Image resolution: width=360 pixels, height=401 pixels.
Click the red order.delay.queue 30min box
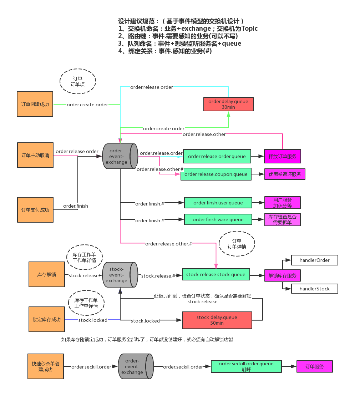coord(228,104)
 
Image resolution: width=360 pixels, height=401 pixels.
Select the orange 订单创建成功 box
coord(35,104)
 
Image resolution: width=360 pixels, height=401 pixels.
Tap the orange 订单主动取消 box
coord(35,155)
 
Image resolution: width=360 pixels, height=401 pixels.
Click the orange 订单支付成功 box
coord(35,210)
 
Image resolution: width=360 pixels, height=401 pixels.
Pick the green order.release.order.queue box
coord(217,156)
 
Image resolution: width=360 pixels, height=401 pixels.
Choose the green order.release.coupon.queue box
coord(216,174)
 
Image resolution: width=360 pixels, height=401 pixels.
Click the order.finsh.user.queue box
coord(218,203)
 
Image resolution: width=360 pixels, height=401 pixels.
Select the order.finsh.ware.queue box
coord(218,219)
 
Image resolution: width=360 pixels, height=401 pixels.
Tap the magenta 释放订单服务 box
coord(283,156)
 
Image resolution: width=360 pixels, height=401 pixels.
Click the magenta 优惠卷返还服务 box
coord(285,174)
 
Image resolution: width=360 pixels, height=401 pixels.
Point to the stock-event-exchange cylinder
coord(120,275)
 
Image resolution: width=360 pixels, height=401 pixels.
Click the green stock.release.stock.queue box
coord(216,274)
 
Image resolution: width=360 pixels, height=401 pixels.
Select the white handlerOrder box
coord(314,260)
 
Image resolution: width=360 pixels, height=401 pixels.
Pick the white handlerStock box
coord(314,289)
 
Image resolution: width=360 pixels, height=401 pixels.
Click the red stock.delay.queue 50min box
coord(217,320)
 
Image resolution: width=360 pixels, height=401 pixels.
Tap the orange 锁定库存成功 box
coord(47,319)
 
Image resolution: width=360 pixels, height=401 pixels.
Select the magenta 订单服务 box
coord(314,366)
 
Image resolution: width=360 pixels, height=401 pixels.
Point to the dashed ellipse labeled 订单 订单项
coord(78,81)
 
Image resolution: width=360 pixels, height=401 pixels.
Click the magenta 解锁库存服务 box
coord(283,275)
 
